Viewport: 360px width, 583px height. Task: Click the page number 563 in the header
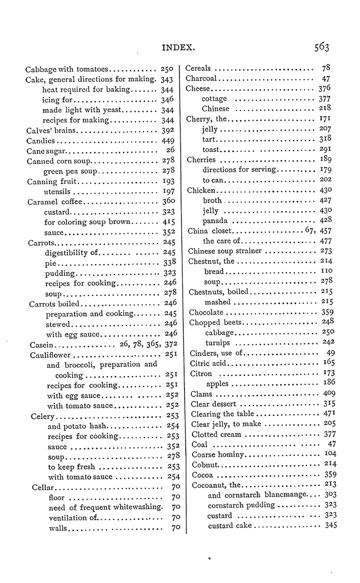319,47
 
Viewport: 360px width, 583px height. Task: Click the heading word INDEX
178,48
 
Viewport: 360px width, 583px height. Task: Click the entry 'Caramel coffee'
53,202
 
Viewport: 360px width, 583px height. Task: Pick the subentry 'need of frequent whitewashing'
105,507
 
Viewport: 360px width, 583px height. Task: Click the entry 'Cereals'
200,68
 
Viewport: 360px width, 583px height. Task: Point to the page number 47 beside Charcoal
326,79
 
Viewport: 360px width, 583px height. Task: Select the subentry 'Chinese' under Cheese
215,109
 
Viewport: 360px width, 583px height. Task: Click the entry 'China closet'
210,231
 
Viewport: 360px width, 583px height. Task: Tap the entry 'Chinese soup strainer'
225,251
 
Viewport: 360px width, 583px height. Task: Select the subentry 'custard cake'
229,525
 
